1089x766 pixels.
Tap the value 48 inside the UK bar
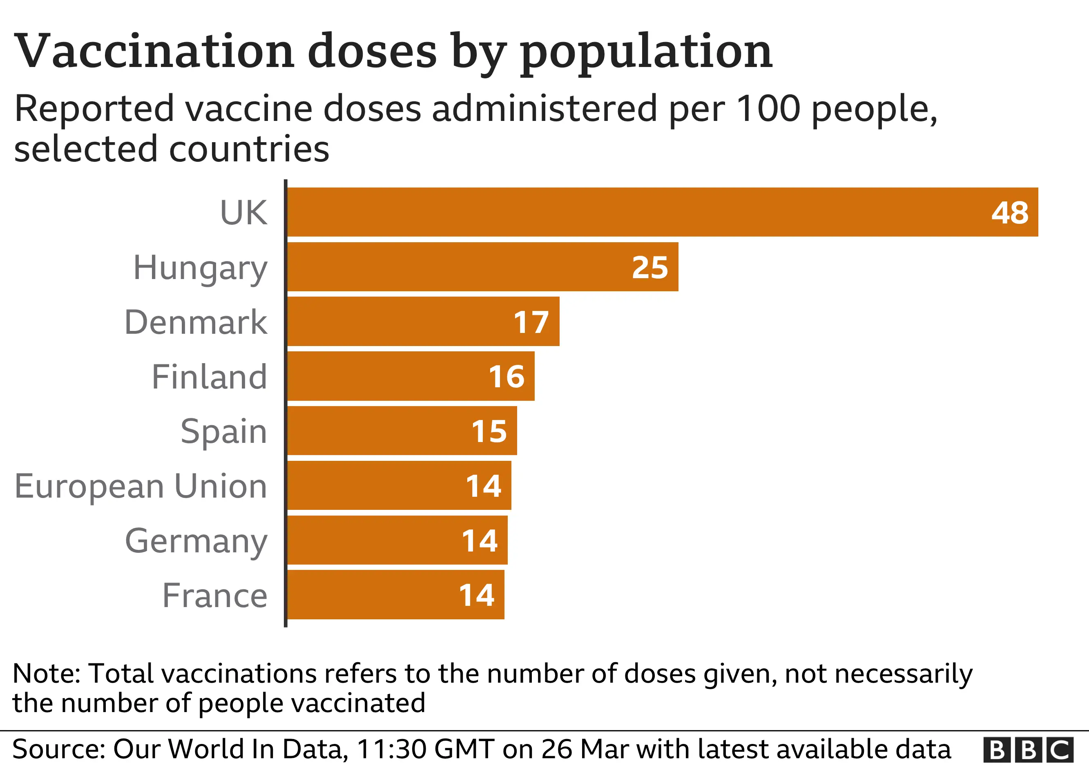point(1010,212)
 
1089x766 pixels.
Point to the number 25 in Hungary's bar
point(650,267)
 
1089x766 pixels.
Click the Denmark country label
point(196,322)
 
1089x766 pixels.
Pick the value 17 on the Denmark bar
point(531,322)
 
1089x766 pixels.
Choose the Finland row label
point(209,377)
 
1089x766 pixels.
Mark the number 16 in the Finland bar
point(507,377)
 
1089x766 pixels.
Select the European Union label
point(141,487)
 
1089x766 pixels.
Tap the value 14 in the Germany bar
point(480,541)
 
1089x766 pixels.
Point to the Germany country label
point(196,541)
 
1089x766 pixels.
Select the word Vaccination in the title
point(154,51)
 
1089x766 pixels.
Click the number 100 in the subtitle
point(768,109)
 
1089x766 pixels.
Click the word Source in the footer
point(57,749)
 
